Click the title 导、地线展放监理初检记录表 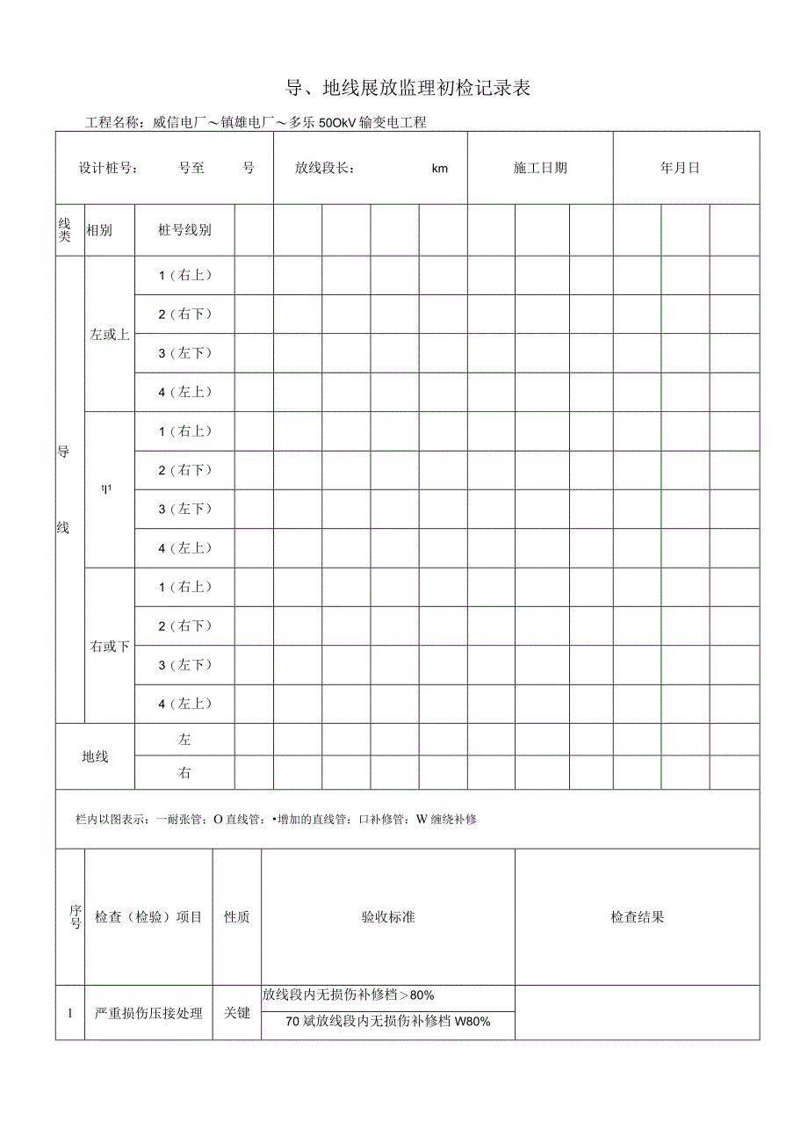408,88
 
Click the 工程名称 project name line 256,123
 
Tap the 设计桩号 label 108,168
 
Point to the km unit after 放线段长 440,169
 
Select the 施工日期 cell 540,168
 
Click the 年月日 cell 680,168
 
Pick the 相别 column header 98,230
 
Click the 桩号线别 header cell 184,230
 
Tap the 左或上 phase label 110,334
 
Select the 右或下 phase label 110,647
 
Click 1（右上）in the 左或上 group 184,275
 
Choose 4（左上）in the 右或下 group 184,704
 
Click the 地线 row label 95,756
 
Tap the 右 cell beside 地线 184,773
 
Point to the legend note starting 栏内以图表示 277,820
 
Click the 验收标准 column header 387,917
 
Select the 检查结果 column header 637,917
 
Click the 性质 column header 236,917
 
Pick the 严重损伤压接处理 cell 148,1013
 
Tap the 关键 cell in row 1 236,1013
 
